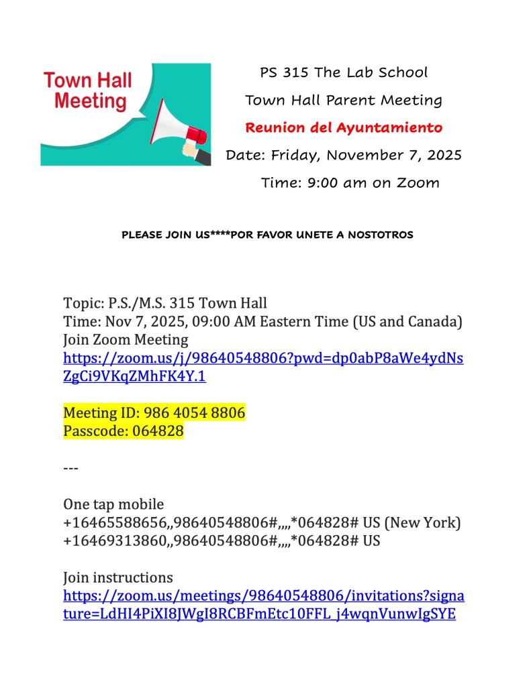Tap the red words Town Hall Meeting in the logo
[88, 92]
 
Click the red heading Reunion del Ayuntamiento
[343, 127]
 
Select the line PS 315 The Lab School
[343, 72]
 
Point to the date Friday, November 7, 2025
[366, 155]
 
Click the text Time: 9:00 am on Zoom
[350, 182]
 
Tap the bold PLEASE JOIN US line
[267, 235]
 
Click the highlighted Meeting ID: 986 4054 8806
[154, 413]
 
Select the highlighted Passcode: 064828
[123, 431]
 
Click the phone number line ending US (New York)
[262, 522]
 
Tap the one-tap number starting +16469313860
[221, 540]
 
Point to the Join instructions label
[117, 577]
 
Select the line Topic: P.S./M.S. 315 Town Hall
[164, 303]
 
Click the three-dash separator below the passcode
[70, 467]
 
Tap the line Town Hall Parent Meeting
[343, 101]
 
